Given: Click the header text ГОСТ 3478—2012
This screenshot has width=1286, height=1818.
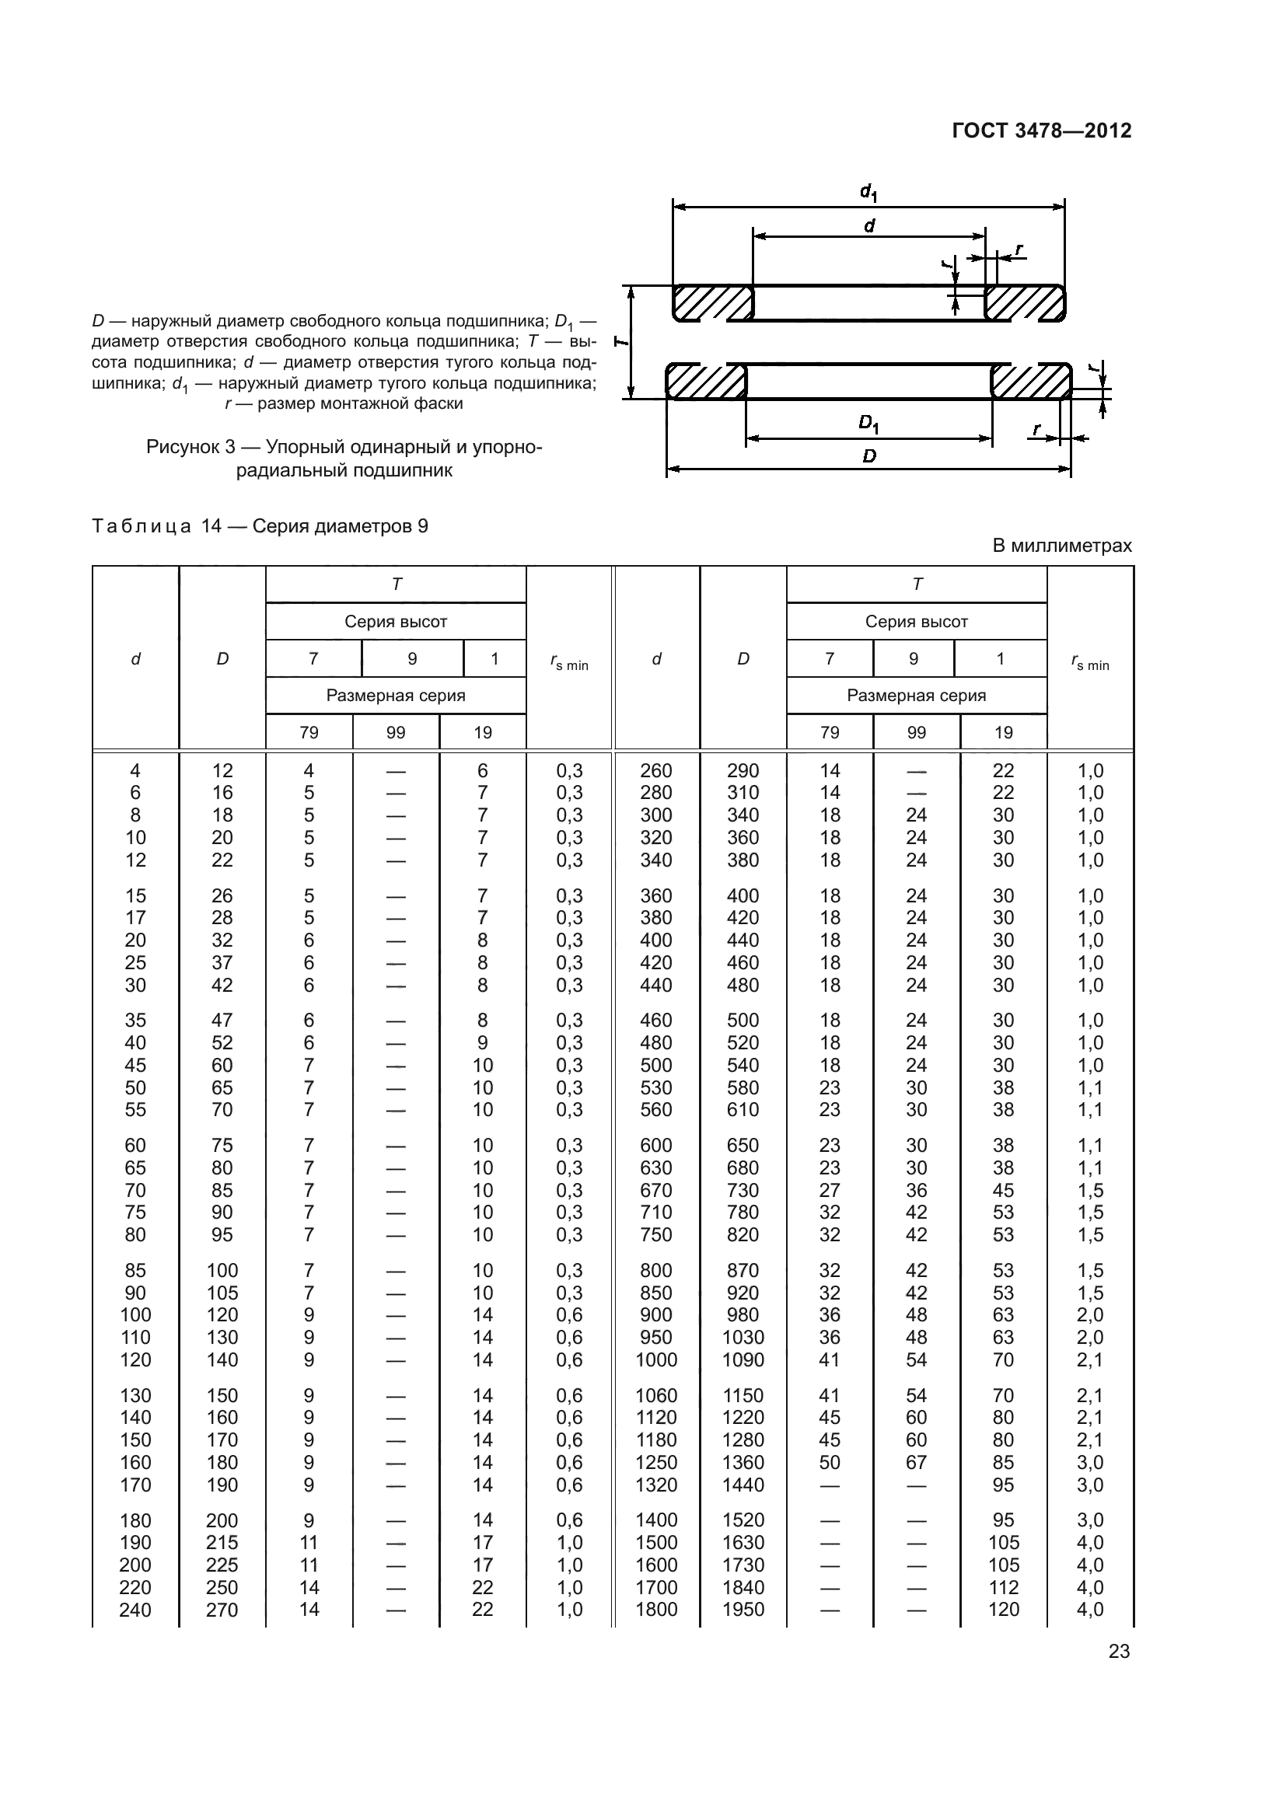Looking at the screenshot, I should pyautogui.click(x=1041, y=131).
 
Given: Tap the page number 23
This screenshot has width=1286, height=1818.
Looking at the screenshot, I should pyautogui.click(x=1119, y=1651).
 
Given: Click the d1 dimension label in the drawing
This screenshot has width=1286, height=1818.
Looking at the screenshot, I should pyautogui.click(x=868, y=192).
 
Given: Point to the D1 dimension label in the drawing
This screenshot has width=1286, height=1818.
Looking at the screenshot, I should pyautogui.click(x=868, y=424).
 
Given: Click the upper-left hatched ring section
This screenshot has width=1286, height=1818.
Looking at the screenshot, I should pyautogui.click(x=712, y=303).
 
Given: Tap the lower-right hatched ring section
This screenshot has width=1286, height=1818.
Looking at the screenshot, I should pyautogui.click(x=1030, y=382).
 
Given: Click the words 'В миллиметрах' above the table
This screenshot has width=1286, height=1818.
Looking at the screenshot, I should pyautogui.click(x=1062, y=546).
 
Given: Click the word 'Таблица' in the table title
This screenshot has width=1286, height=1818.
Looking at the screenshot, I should pyautogui.click(x=142, y=526).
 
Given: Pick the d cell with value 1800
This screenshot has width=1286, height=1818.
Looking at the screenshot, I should pyautogui.click(x=655, y=1610).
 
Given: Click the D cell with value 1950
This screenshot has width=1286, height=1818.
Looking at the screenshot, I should pyautogui.click(x=743, y=1610).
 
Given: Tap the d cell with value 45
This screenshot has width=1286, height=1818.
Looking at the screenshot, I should pyautogui.click(x=135, y=1065).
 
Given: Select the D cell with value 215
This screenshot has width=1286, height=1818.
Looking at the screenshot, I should pyautogui.click(x=222, y=1542).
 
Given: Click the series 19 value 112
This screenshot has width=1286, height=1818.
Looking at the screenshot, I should pyautogui.click(x=1003, y=1588).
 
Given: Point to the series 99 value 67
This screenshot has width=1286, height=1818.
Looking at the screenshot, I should pyautogui.click(x=916, y=1463).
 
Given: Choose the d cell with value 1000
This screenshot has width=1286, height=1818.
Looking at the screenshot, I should pyautogui.click(x=655, y=1359).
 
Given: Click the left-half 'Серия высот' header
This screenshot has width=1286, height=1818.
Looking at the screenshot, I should pyautogui.click(x=395, y=622).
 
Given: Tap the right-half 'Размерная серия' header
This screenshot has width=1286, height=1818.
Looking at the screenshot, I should pyautogui.click(x=916, y=695).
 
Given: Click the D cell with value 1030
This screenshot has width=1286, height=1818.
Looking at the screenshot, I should pyautogui.click(x=743, y=1338).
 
